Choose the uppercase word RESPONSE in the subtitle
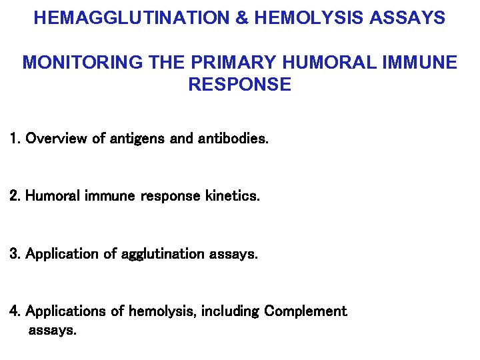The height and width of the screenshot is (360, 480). (240, 85)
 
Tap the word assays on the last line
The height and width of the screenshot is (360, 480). (52, 331)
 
